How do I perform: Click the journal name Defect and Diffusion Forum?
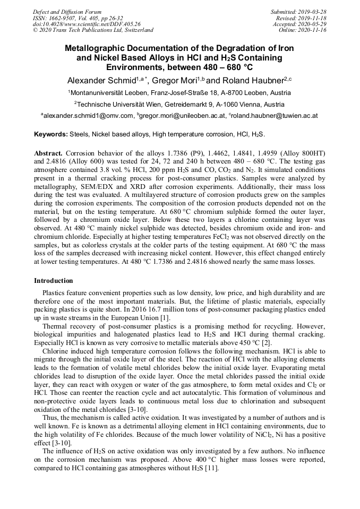pos(67,11)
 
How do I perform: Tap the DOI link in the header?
pos(86,24)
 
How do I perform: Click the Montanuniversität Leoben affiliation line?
pos(179,92)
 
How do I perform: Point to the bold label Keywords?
pos(51,135)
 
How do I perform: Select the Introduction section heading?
pos(54,281)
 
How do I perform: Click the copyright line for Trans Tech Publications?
pos(93,30)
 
